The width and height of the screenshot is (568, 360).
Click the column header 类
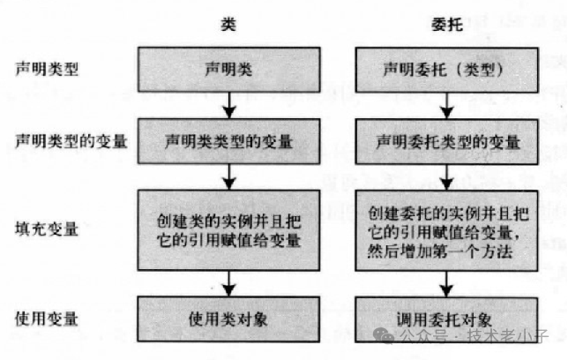pyautogui.click(x=228, y=26)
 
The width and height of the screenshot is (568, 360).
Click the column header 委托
pyautogui.click(x=447, y=26)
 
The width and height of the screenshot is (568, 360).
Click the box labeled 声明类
pyautogui.click(x=229, y=69)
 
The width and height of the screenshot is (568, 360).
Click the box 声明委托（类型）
pyautogui.click(x=447, y=69)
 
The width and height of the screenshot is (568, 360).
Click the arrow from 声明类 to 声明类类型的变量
pyautogui.click(x=229, y=103)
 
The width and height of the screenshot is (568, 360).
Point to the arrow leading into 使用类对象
pyautogui.click(x=229, y=281)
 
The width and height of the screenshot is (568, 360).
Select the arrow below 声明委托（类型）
pyautogui.click(x=447, y=103)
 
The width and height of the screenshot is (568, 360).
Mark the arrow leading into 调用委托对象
pyautogui.click(x=447, y=281)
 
